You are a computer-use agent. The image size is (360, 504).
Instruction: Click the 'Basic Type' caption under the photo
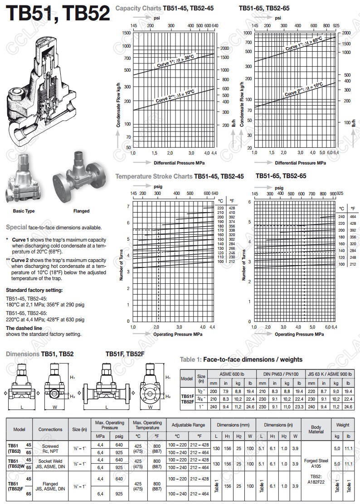(x=24, y=211)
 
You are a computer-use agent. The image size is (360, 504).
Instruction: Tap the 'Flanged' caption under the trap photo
(x=81, y=211)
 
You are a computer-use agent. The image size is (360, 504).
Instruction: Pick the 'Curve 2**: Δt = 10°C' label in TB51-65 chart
(x=303, y=89)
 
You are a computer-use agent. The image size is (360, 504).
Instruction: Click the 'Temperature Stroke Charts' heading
(x=154, y=176)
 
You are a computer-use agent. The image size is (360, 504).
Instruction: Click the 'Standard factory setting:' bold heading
(x=34, y=290)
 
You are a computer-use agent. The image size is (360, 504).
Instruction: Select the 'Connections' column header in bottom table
(x=50, y=429)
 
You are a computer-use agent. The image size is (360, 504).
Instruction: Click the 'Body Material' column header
(x=316, y=429)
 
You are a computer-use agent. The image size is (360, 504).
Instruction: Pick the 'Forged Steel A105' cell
(x=316, y=462)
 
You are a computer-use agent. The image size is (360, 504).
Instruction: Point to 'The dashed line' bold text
(x=24, y=328)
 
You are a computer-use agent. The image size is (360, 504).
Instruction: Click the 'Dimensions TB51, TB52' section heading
(x=40, y=354)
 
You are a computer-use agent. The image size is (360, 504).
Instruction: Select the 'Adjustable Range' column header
(x=189, y=425)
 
